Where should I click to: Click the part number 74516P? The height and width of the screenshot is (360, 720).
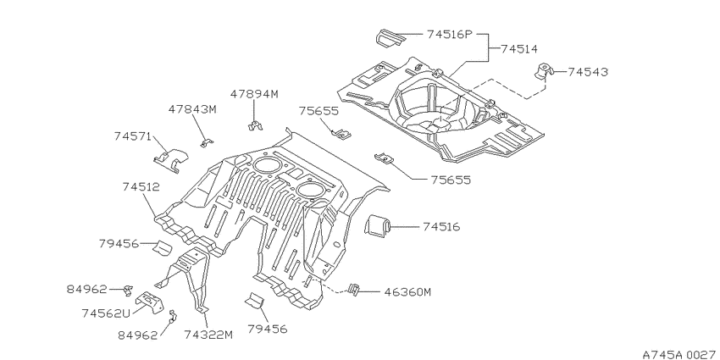coord(450,35)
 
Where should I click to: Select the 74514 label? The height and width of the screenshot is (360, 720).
coord(519,48)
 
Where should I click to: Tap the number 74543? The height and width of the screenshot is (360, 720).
coord(588,72)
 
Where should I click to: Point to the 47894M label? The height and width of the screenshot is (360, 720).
coord(254,95)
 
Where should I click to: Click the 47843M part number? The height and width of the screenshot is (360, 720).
coord(192,110)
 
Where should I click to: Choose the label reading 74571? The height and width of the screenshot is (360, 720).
coord(133,136)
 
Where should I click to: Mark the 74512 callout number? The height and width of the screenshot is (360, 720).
coord(141,187)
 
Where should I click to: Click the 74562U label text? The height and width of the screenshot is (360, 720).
coord(106,313)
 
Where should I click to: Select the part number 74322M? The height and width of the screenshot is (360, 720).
coord(208,335)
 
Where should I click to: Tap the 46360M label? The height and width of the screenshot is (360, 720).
coord(407,292)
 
